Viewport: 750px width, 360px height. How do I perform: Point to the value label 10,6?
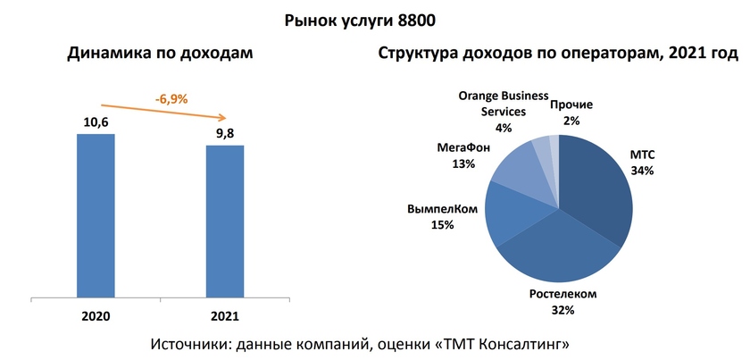(x=96, y=122)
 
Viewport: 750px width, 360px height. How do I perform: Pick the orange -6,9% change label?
(x=171, y=99)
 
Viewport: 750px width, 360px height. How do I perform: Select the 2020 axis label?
(x=96, y=315)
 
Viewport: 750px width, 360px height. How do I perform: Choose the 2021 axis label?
(x=225, y=315)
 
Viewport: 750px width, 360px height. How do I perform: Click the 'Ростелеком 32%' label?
(x=562, y=301)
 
